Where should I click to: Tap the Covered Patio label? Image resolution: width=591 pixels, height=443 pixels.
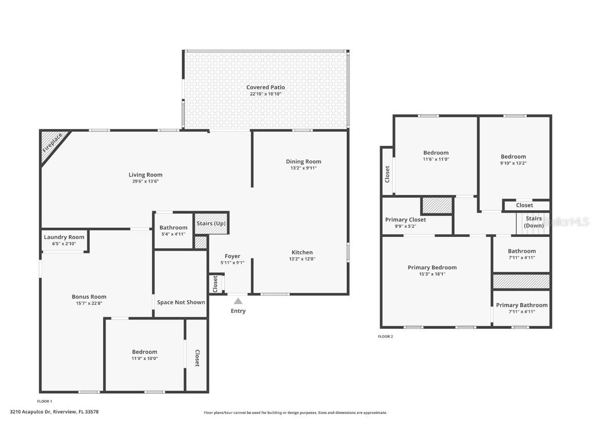point(265,88)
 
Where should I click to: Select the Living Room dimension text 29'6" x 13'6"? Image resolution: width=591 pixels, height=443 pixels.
point(145,182)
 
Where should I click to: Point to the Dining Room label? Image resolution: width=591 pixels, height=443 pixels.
point(303,162)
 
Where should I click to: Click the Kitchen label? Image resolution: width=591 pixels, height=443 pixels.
point(302,252)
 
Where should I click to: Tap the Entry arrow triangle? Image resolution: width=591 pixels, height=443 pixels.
point(238,301)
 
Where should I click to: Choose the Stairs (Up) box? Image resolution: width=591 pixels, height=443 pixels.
point(211,224)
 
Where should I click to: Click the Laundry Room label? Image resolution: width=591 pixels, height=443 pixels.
point(64,237)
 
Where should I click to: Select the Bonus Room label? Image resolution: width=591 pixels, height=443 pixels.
point(89,297)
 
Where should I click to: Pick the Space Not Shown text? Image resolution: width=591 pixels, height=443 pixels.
point(181,302)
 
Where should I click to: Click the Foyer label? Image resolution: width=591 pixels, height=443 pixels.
point(232,256)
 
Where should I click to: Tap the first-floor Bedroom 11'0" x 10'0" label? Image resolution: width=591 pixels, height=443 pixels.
point(145,352)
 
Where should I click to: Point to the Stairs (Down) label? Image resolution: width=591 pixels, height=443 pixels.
point(534,222)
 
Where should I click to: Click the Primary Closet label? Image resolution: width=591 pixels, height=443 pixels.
point(405,219)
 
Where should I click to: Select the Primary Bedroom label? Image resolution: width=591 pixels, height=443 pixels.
point(432,267)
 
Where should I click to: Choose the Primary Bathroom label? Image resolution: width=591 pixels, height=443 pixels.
point(521,305)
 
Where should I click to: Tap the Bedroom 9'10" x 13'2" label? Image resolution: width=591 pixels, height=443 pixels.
point(513,157)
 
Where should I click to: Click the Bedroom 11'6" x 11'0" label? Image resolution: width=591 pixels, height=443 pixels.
point(436,153)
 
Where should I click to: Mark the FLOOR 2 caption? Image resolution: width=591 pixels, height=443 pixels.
point(385,336)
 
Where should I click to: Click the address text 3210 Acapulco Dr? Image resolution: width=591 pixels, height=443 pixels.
point(54,412)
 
